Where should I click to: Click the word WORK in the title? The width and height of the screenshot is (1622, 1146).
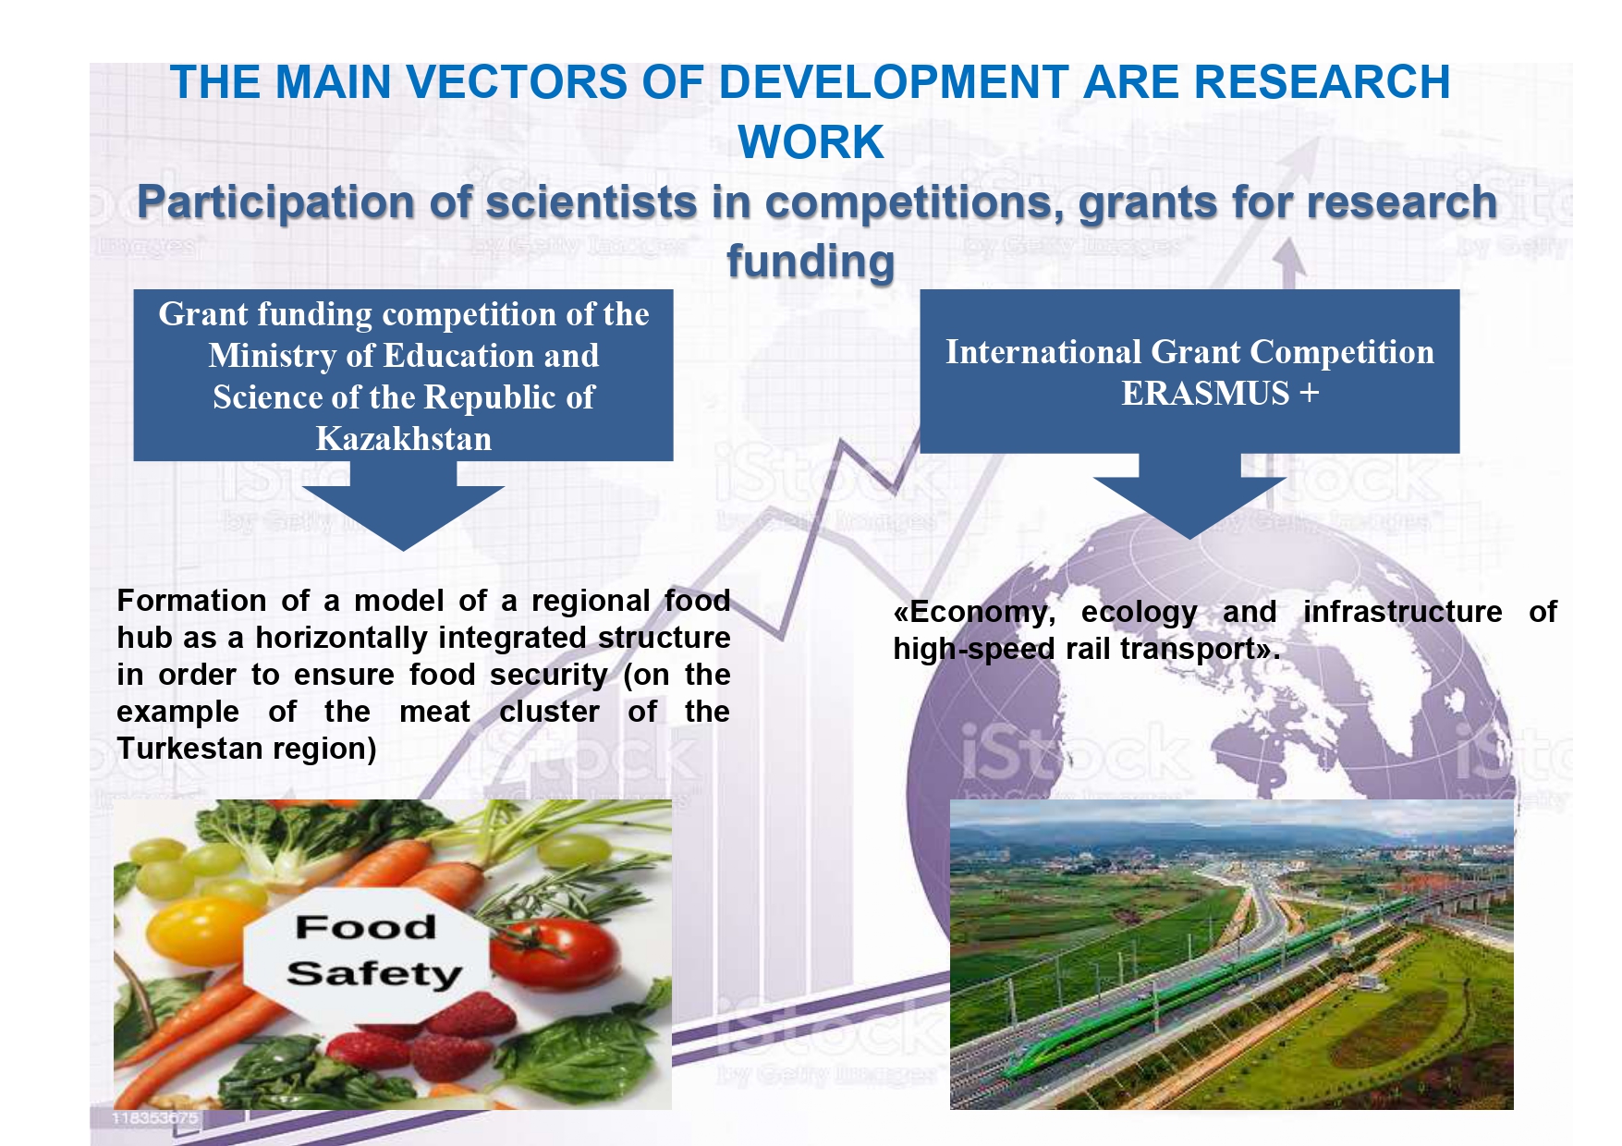coord(811,142)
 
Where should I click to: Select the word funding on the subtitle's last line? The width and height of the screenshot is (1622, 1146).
coord(811,262)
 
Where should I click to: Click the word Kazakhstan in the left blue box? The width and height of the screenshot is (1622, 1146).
coord(404,438)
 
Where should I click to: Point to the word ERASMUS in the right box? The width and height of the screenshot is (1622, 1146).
coord(1205,394)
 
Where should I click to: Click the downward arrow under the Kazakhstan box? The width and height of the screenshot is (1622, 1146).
coord(403,506)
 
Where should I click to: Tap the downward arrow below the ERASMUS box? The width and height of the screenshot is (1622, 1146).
coord(1189,496)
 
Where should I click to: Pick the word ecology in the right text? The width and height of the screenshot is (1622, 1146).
coord(1139,612)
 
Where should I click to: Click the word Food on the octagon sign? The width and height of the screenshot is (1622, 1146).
coord(366,927)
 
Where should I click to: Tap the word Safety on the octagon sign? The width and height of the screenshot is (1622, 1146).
coord(373,974)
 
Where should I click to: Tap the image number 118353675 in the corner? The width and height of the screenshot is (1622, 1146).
coord(154,1118)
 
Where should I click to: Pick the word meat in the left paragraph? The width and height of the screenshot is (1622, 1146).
coord(434,712)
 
